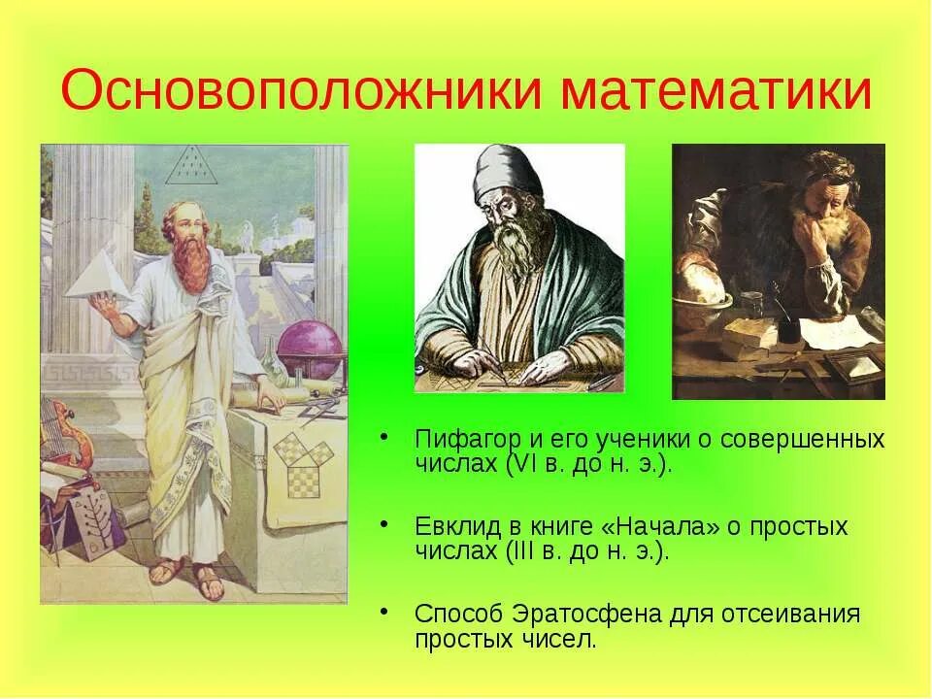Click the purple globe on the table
(x=309, y=349)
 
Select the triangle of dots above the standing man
(x=183, y=167)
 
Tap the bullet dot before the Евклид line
(x=385, y=523)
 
